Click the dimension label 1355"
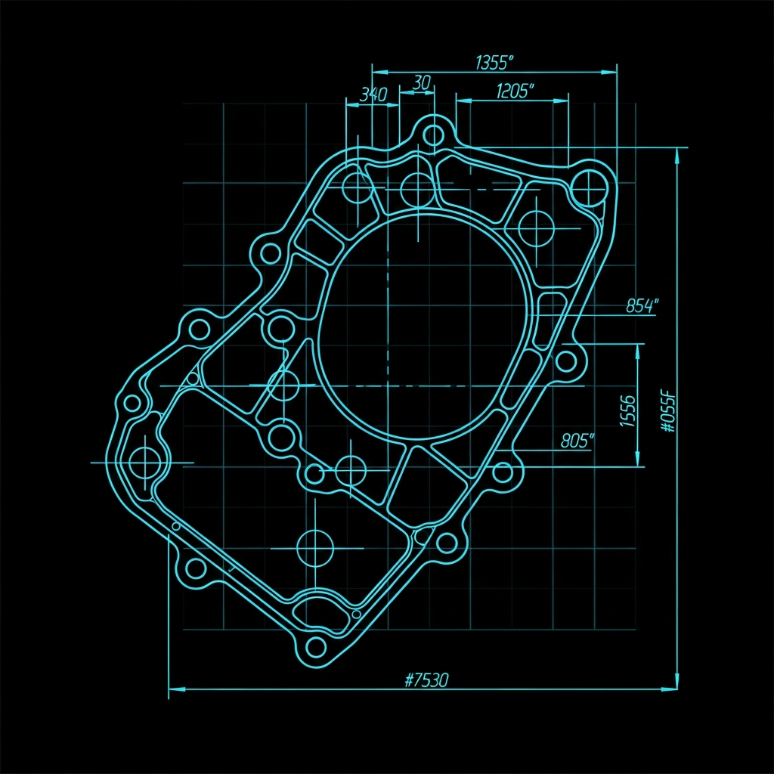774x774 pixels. click(494, 63)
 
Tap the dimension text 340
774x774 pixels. click(373, 94)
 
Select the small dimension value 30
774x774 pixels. click(421, 82)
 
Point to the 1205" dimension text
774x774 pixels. click(515, 91)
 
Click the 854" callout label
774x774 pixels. click(642, 306)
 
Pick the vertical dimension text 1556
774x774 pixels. click(627, 410)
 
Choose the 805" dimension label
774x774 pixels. click(577, 441)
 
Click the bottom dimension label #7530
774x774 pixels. click(426, 680)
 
